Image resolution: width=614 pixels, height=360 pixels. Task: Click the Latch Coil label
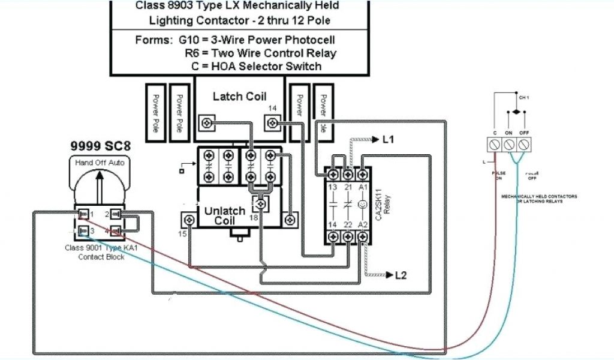(239, 96)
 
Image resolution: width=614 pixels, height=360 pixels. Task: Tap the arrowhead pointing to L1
(375, 139)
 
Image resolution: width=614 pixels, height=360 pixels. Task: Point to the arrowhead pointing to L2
(388, 275)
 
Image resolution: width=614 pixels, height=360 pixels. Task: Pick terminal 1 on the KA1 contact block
(85, 214)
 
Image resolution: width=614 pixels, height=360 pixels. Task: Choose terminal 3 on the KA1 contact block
(85, 231)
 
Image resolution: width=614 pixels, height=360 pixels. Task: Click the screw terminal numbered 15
(189, 221)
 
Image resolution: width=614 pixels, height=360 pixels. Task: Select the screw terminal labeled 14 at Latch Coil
(273, 124)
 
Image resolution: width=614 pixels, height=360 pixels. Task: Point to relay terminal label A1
(362, 188)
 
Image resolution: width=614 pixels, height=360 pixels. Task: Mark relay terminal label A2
(362, 224)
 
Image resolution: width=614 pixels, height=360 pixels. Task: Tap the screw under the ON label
(509, 145)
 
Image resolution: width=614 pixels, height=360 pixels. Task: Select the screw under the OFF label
(523, 145)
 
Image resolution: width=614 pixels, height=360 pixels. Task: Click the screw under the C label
(495, 145)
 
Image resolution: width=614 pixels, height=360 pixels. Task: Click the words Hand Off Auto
(99, 163)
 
